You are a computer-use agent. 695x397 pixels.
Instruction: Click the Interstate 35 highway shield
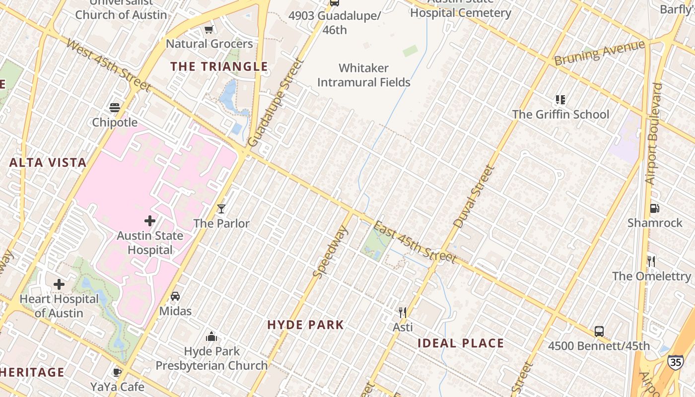coord(675,361)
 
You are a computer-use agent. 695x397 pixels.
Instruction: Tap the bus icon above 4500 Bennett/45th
coord(599,331)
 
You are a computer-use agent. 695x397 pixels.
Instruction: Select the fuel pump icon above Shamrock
coord(654,208)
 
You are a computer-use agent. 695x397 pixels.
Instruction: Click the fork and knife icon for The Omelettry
coord(651,261)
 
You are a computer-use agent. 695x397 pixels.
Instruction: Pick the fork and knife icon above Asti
coord(403,312)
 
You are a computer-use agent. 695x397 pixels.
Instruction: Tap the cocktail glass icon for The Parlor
coord(221,208)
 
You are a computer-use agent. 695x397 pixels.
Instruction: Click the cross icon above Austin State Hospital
coord(150,220)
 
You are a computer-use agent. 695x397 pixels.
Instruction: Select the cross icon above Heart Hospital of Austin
coord(59,284)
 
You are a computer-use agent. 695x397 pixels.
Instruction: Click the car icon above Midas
coord(175,296)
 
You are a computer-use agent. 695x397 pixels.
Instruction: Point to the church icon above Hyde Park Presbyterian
coord(212,336)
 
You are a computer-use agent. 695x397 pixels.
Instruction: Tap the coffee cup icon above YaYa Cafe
coord(117,372)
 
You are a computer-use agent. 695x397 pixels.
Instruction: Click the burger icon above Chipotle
coord(115,108)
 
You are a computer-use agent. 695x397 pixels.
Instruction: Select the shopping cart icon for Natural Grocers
coord(209,29)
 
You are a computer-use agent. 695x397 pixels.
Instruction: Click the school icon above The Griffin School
coord(560,100)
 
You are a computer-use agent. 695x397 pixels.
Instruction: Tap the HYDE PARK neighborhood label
coord(305,325)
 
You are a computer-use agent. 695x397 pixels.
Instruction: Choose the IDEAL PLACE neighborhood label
coord(461,343)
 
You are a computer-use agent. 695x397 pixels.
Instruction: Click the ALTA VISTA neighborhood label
coord(48,162)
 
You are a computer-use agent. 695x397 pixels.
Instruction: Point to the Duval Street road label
coord(474,197)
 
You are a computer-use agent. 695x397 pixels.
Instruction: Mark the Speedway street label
coord(331,251)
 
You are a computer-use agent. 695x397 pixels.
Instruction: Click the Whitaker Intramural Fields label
coord(364,75)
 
